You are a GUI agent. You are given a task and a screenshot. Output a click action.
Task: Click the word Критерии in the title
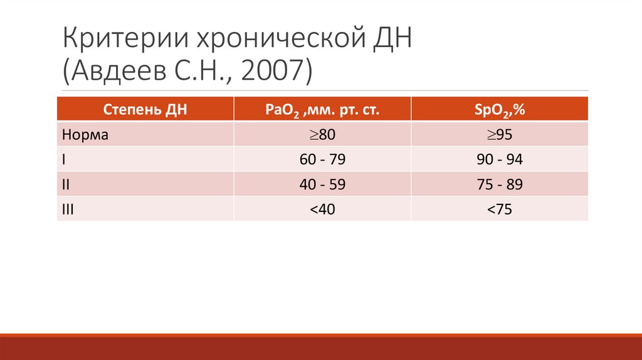pos(122,43)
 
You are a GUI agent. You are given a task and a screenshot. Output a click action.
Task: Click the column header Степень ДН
pos(145,110)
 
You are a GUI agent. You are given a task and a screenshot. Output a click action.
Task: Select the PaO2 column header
pos(323,110)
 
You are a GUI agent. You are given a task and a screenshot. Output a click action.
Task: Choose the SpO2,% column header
pos(500,110)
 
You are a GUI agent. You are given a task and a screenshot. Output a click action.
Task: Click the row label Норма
pos(86,134)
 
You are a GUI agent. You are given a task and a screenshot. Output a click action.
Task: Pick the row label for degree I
pos(65,159)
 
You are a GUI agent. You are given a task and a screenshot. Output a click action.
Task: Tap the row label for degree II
pos(66,184)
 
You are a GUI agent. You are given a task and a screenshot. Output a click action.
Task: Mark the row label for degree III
pos(68,209)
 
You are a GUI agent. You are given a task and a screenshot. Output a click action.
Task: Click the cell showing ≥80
pos(323,134)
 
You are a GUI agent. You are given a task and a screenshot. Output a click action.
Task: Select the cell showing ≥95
pos(500,134)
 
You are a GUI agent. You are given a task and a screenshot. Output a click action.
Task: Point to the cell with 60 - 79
pos(323,159)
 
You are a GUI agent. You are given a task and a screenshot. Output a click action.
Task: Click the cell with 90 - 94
pos(500,159)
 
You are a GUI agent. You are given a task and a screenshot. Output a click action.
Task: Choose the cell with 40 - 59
pos(323,184)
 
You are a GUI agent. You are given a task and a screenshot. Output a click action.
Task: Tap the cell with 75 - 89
pos(500,184)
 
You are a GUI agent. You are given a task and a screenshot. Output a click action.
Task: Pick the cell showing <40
pos(323,209)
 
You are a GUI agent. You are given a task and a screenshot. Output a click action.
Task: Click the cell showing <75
pos(500,209)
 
